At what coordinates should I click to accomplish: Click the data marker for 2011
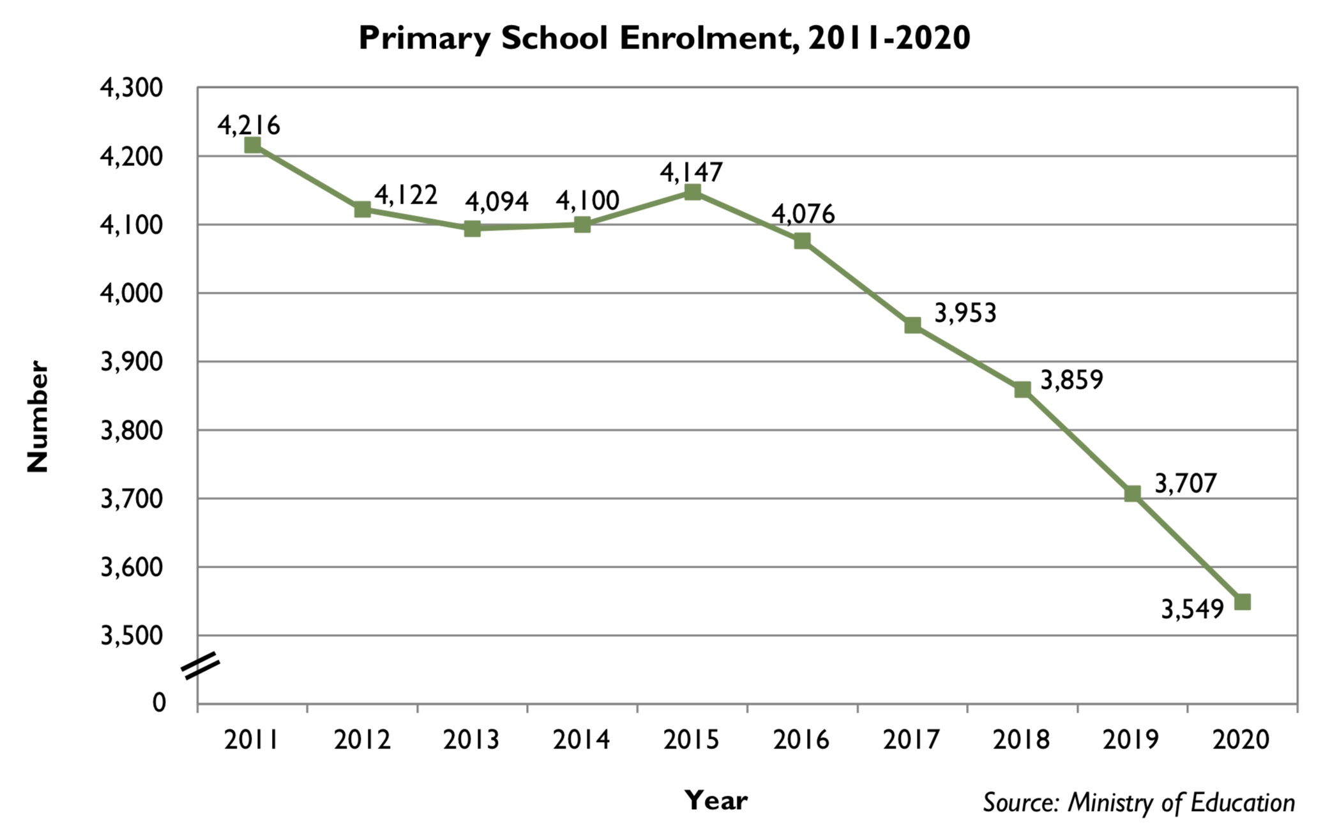(x=252, y=145)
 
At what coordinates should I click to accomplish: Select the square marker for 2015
(x=692, y=192)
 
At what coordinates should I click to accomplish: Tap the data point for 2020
(x=1242, y=602)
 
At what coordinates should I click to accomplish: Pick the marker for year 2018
(x=1022, y=390)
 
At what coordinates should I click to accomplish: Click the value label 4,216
(x=248, y=125)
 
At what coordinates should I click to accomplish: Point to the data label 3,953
(x=965, y=314)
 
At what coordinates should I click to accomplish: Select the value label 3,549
(x=1191, y=609)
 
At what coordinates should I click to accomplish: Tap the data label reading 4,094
(x=496, y=202)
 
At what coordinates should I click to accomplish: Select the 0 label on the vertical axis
(x=159, y=703)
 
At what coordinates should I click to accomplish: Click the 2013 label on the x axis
(x=471, y=740)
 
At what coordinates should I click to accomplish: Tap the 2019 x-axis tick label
(x=1131, y=740)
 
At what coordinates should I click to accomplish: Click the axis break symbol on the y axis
(x=200, y=665)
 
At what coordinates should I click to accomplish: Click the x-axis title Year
(x=715, y=800)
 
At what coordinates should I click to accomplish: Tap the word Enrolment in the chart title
(x=709, y=38)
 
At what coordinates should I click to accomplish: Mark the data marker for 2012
(x=362, y=209)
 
